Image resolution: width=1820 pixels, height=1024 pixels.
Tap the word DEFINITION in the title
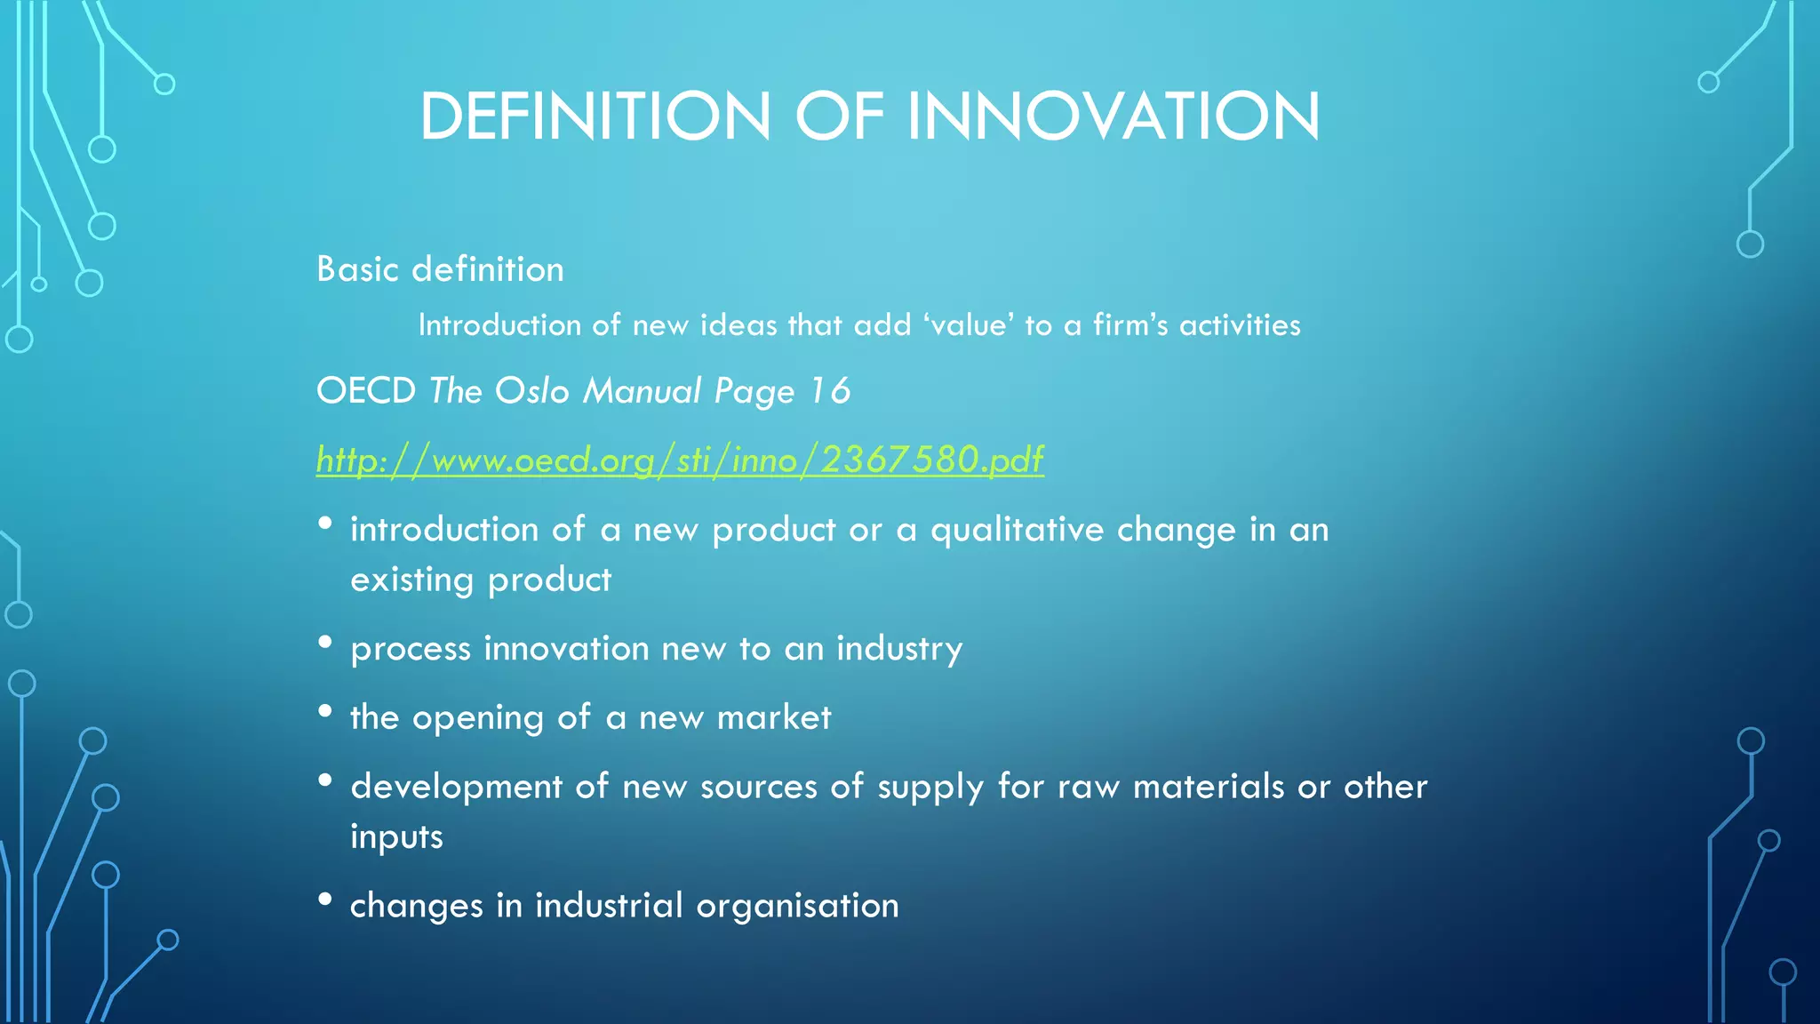click(595, 116)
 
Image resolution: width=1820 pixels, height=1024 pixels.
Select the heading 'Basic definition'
click(440, 269)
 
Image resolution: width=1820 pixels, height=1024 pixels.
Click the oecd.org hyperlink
click(680, 460)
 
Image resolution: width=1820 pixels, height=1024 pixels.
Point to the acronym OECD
click(366, 391)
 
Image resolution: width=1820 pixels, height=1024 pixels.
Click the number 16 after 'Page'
click(830, 391)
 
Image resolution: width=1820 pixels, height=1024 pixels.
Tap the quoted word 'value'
click(968, 325)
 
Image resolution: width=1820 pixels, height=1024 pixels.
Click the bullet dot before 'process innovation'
click(325, 642)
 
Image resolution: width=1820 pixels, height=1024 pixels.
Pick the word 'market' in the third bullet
click(774, 717)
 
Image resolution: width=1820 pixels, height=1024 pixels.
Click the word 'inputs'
click(396, 837)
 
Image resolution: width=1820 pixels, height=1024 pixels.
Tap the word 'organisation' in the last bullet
click(797, 906)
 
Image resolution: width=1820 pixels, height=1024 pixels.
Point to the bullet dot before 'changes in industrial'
click(325, 900)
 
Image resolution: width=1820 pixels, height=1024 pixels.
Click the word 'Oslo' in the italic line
click(531, 391)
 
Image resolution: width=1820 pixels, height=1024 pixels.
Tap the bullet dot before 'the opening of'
click(325, 711)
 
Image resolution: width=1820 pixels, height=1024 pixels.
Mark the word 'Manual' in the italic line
click(642, 391)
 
